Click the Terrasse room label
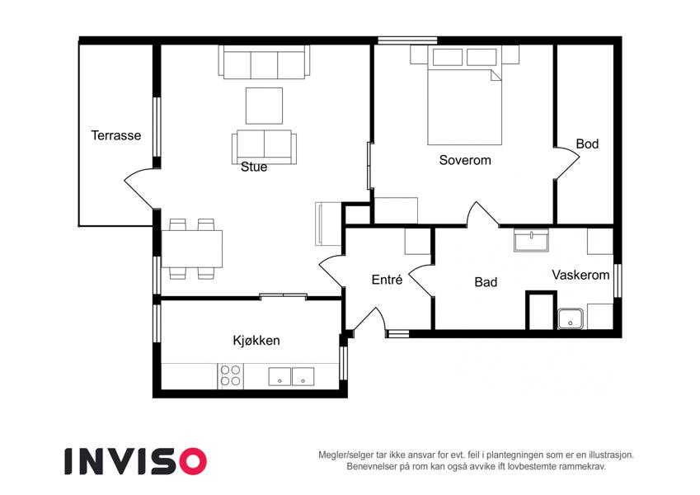coord(116,135)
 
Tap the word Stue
coord(254,167)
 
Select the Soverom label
coord(465,160)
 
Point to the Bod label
coord(587,144)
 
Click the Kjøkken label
coord(256,341)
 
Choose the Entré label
coord(387,280)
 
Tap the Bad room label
coord(486,282)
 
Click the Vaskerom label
coord(580,275)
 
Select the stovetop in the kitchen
coord(231,375)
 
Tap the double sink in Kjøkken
coord(291,376)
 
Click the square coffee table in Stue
coord(264,106)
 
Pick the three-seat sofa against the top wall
coord(265,63)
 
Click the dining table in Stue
coord(192,249)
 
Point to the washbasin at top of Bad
coord(531,240)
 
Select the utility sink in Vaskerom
coord(570,318)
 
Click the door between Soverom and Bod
coord(567,163)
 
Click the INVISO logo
coord(136,461)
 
